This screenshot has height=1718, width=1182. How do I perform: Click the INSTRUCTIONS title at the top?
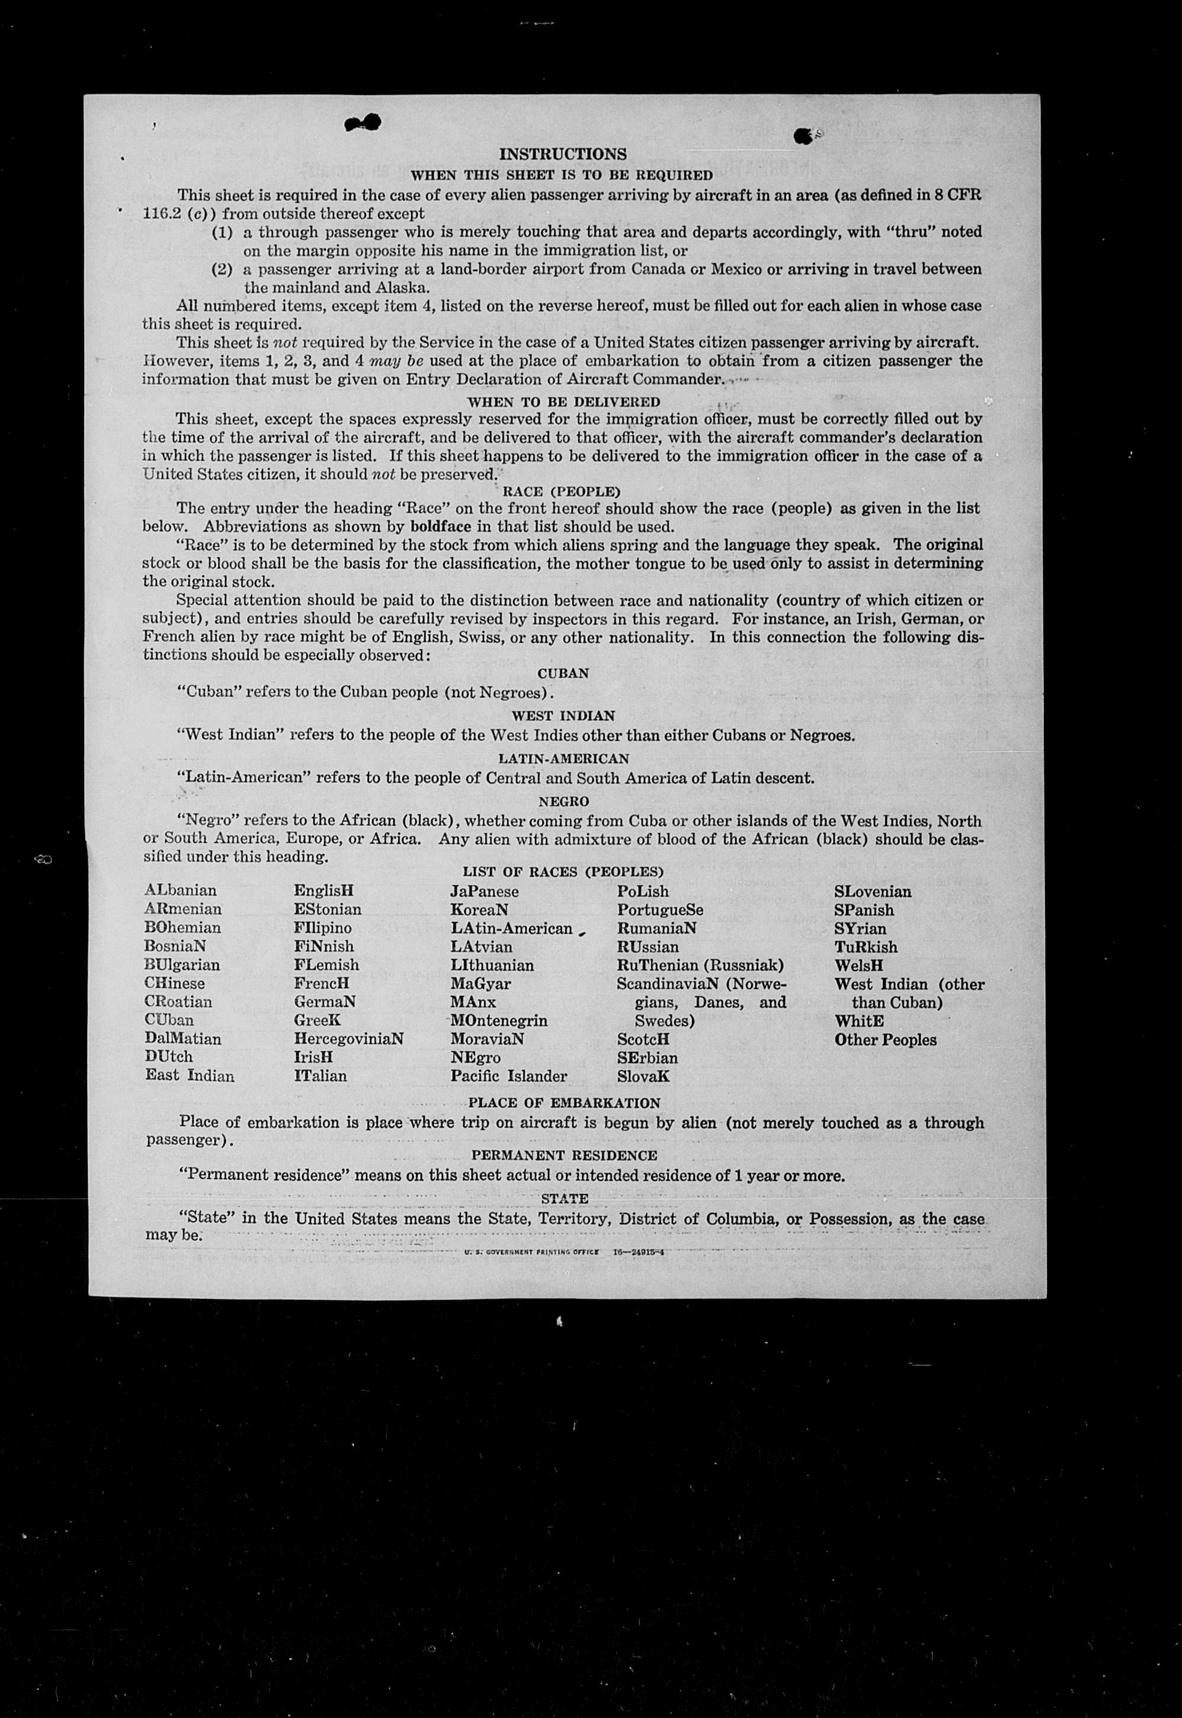pos(563,154)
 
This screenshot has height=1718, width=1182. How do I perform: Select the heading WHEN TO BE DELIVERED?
pos(563,401)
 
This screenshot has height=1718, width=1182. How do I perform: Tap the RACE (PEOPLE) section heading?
pos(562,491)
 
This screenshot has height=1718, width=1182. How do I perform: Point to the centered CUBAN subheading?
pos(563,673)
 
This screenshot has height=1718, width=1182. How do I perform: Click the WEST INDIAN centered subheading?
pos(563,716)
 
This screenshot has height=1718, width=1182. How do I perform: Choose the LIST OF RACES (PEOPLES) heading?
pos(563,872)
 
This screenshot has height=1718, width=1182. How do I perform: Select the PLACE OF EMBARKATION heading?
pos(564,1103)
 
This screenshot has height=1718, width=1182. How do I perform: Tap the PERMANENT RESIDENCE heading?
pos(564,1155)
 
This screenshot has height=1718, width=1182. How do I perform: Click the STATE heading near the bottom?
pos(564,1198)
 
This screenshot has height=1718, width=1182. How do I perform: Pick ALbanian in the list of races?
pos(181,890)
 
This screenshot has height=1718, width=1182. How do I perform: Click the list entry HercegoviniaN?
pos(348,1039)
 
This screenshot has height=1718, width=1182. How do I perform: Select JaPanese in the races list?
pos(485,891)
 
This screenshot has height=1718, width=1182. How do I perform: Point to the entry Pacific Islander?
pos(509,1076)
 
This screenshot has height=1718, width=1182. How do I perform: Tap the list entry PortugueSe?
pos(660,910)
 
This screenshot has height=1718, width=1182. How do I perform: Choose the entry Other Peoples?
pos(885,1039)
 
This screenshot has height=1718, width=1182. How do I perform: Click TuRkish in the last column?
pos(866,947)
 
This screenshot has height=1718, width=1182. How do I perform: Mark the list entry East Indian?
pos(190,1076)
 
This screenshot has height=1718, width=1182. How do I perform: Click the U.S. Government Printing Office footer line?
pos(563,1251)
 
